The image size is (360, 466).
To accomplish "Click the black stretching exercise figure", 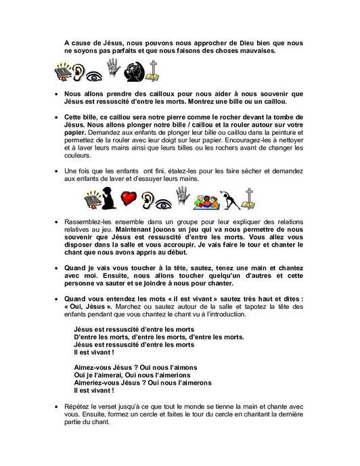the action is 231,197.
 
